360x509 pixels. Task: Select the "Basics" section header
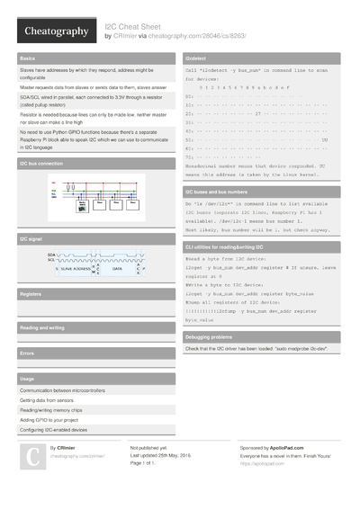point(27,57)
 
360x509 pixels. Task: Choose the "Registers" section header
point(31,294)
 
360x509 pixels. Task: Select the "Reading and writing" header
point(42,327)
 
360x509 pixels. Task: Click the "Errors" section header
point(27,353)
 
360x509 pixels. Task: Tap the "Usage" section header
point(27,379)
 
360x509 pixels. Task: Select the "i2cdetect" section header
point(199,57)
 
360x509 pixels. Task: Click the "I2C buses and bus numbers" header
point(216,192)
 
